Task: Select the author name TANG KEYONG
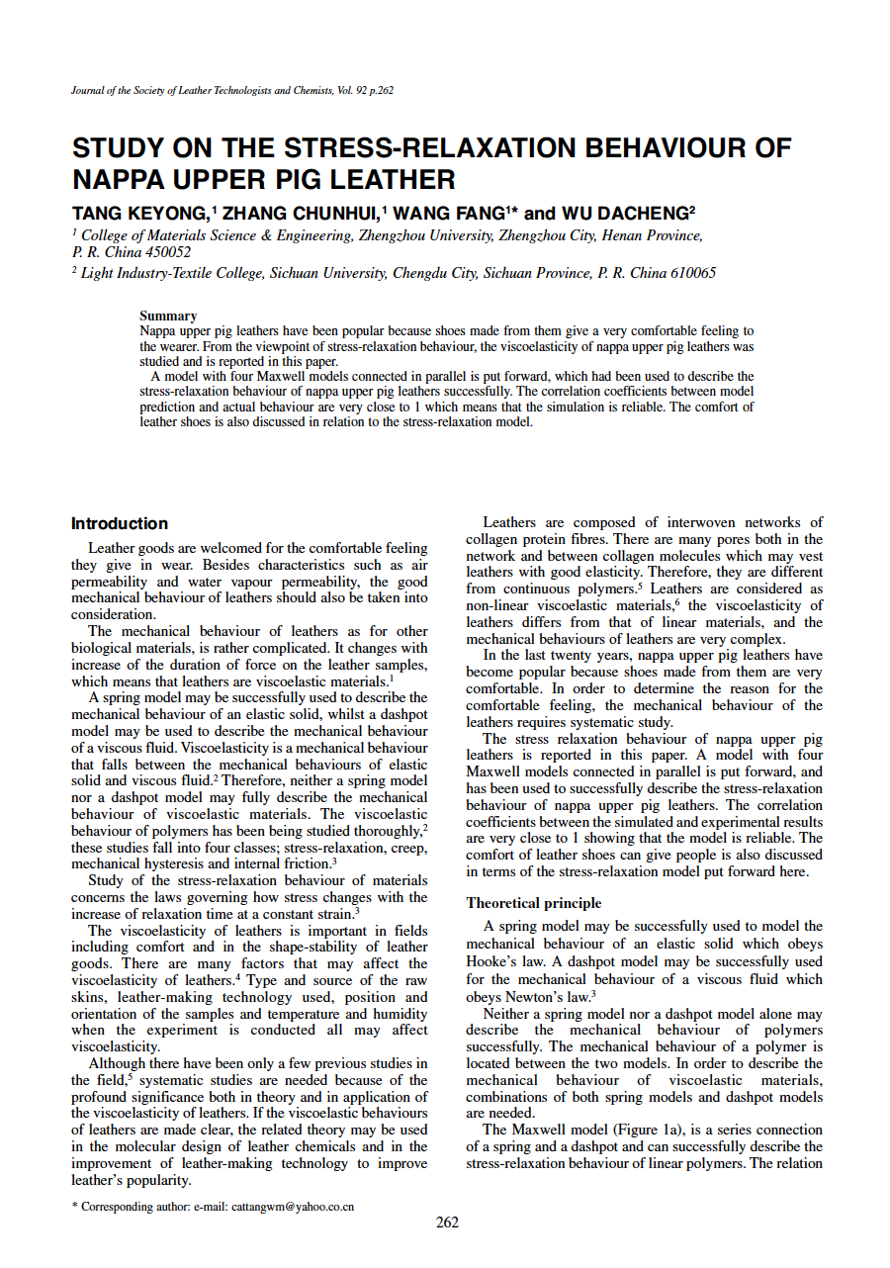(138, 213)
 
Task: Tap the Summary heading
(168, 316)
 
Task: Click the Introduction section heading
(120, 523)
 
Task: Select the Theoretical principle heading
(534, 903)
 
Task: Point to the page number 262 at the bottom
(447, 1223)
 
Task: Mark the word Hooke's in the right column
(495, 962)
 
